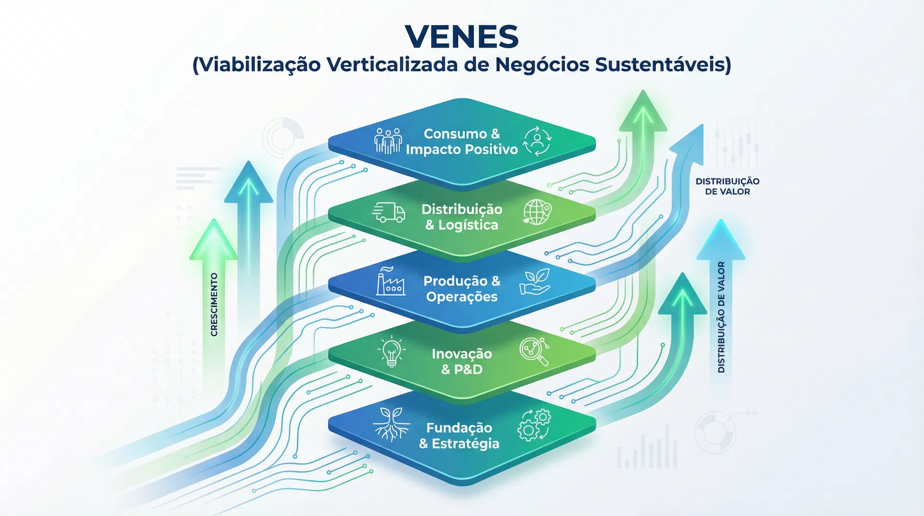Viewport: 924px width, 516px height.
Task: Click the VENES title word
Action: (462, 37)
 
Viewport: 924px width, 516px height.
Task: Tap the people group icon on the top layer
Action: (388, 141)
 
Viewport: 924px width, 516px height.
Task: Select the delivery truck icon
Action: (389, 212)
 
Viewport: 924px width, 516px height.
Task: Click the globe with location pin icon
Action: (537, 212)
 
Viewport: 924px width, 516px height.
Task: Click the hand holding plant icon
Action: (535, 283)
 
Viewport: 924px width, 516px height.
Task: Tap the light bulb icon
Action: (392, 352)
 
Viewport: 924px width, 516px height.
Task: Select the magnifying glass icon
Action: (535, 352)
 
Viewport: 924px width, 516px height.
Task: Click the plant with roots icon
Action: (391, 424)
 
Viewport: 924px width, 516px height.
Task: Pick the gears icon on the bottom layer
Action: (534, 425)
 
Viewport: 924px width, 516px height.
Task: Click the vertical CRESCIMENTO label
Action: (214, 304)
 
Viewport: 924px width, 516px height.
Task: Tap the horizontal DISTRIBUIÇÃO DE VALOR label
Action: (727, 186)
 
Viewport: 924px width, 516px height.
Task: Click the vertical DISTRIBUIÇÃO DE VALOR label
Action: (721, 317)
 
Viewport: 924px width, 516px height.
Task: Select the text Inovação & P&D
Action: (462, 361)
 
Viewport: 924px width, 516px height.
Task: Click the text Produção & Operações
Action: (462, 289)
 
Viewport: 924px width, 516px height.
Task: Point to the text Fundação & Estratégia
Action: (459, 436)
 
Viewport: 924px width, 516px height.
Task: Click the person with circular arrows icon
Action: (537, 141)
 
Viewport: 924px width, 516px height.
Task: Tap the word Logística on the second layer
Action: (468, 225)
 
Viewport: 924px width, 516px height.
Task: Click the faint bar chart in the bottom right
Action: (647, 450)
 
